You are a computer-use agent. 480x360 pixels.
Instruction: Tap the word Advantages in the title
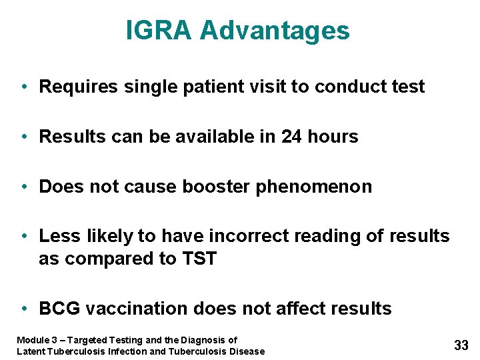[275, 31]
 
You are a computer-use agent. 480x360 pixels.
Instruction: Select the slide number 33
[461, 345]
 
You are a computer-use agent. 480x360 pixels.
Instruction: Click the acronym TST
[199, 259]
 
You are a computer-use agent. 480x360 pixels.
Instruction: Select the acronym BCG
[60, 309]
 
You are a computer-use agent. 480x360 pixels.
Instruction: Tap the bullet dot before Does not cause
[24, 187]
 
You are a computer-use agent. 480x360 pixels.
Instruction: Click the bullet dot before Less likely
[24, 236]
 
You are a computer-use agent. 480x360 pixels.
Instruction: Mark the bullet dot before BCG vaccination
[24, 309]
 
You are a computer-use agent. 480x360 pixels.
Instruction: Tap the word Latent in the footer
[31, 351]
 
